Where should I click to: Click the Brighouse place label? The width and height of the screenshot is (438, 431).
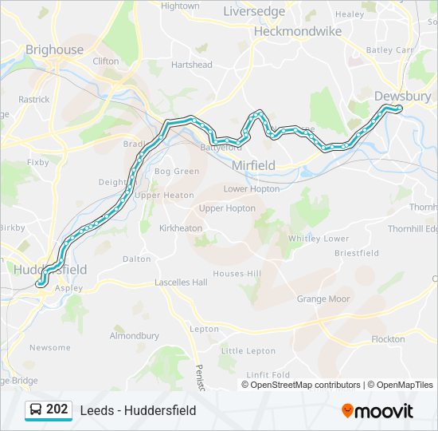54,49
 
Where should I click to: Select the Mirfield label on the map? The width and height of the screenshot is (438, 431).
253,165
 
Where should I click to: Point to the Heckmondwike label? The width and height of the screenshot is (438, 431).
297,31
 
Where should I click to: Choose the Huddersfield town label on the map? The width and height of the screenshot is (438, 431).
50,269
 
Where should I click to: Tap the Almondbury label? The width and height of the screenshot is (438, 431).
135,336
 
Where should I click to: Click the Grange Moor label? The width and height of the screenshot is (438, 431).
323,299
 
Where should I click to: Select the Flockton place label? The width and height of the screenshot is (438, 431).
388,339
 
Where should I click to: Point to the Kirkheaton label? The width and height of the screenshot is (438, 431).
181,228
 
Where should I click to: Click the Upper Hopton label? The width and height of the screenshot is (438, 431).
227,208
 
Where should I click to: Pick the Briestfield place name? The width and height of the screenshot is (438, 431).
356,253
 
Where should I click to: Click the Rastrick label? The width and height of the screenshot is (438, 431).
34,100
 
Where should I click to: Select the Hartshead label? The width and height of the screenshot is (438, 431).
191,65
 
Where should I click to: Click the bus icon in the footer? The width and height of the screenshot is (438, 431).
36,410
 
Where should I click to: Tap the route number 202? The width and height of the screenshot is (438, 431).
57,409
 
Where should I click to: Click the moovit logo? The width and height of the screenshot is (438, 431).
377,411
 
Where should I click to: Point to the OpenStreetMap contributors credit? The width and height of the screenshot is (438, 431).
303,385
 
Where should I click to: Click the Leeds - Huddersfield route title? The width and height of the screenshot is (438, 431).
138,410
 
